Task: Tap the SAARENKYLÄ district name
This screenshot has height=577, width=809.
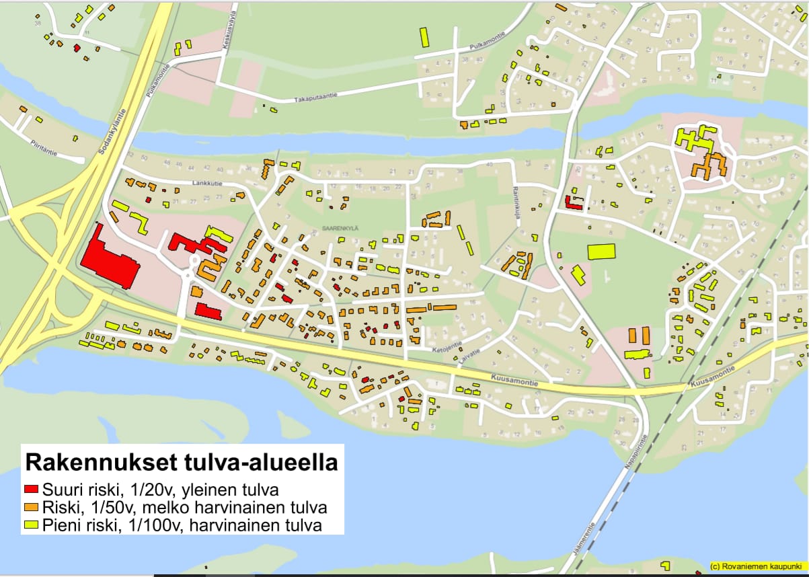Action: point(340,228)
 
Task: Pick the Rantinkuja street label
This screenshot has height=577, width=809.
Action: point(517,197)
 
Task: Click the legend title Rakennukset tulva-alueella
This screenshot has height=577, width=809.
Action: point(182,463)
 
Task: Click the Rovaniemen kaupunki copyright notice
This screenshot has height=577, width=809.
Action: point(757,567)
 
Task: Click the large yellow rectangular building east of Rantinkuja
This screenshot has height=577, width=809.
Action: point(602,252)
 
